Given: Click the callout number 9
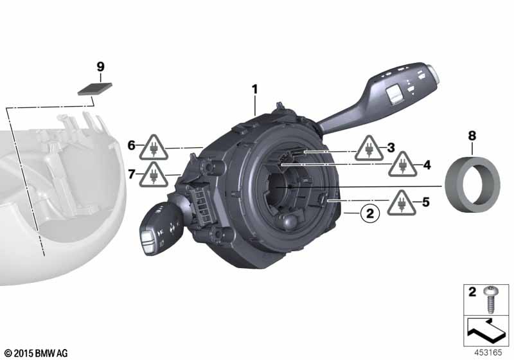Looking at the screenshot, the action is click(x=101, y=67).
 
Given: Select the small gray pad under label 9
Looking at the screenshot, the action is click(x=94, y=89).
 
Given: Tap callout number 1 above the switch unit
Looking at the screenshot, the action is click(x=254, y=89).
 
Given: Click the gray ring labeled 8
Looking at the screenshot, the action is click(x=472, y=184).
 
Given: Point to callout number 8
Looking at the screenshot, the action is click(x=472, y=136).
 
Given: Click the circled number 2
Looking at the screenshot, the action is click(x=370, y=213).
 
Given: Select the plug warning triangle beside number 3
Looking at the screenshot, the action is click(x=369, y=149).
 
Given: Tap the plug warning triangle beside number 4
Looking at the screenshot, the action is click(x=403, y=165).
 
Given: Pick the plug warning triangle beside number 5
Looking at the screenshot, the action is click(x=402, y=204).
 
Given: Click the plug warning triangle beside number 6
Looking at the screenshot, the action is click(x=154, y=148).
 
